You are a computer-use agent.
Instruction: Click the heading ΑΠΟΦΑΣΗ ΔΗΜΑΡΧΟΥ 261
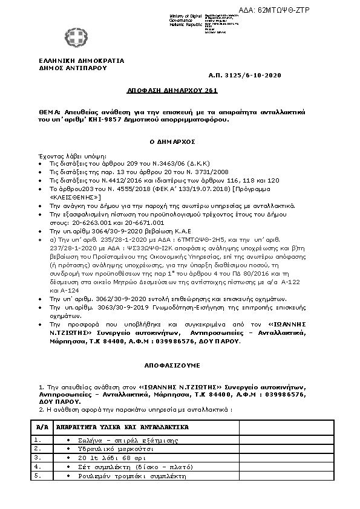click(x=172, y=89)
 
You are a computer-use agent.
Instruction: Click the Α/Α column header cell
click(x=42, y=427)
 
